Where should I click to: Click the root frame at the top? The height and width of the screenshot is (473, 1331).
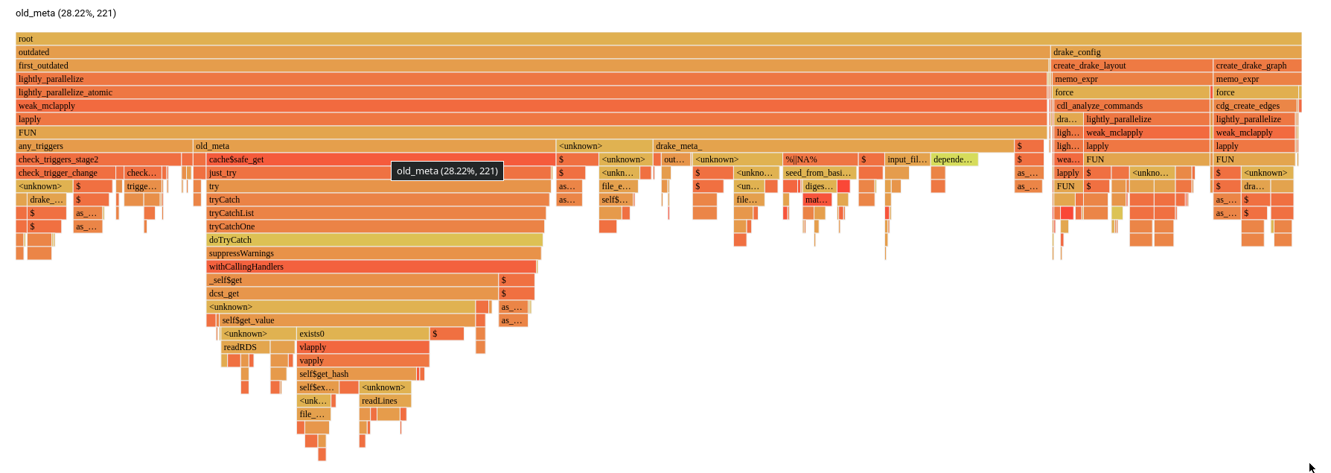coord(658,39)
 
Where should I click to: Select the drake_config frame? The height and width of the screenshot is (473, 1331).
coord(1175,52)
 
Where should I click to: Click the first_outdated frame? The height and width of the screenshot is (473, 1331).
coord(532,66)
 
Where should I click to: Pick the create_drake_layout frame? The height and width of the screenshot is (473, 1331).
coord(1131,66)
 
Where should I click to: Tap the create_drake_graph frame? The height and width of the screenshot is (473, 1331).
coord(1257,66)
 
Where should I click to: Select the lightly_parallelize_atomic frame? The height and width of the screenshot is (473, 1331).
coord(532,92)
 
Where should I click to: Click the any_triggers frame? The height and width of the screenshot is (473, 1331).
coord(103,146)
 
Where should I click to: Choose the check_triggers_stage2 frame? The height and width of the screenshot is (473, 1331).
coord(98,159)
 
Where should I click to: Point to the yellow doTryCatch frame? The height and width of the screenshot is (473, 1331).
coord(374,240)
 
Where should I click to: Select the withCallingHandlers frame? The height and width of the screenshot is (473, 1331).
coord(371,267)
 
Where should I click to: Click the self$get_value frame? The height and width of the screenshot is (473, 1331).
coord(348,320)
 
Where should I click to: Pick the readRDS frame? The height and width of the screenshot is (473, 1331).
coord(245,347)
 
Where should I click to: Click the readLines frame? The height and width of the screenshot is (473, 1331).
coord(385,401)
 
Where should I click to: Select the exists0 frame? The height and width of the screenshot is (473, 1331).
coord(363,334)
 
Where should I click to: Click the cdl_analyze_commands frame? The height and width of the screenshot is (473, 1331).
coord(1131,106)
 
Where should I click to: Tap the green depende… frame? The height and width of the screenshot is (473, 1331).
coord(954,159)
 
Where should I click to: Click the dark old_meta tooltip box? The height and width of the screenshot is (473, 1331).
coord(447,171)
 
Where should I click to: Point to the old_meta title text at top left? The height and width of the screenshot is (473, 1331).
coord(66,13)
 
